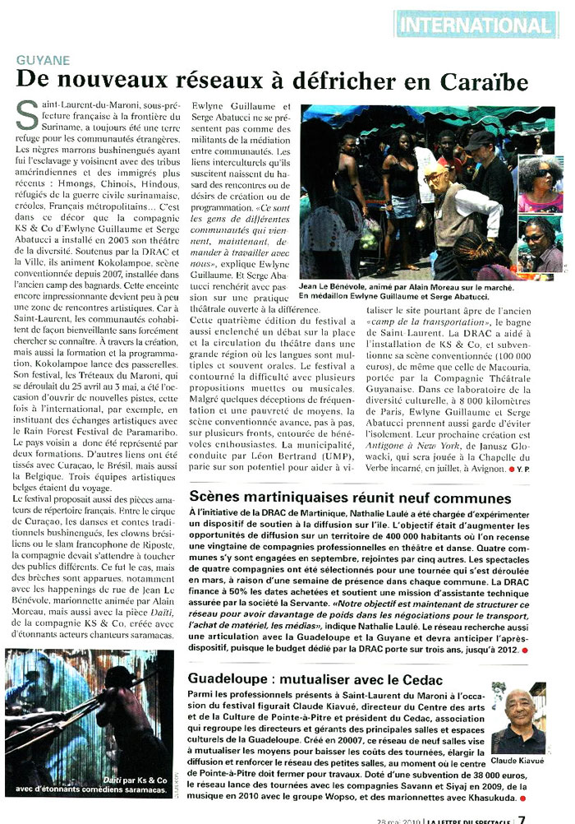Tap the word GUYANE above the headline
(x=44, y=61)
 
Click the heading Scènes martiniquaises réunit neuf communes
(x=350, y=498)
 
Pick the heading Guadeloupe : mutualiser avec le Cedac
(x=315, y=680)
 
